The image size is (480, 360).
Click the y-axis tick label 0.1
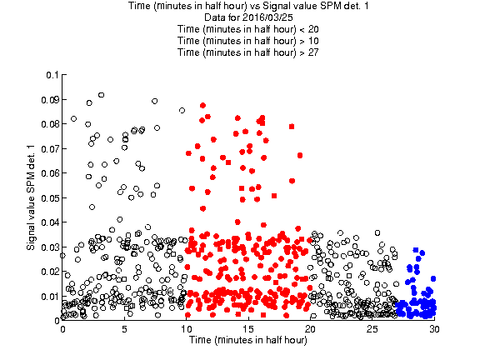tap(52, 75)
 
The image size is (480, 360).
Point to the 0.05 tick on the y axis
tap(50, 198)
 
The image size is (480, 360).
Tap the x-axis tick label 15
tap(248, 329)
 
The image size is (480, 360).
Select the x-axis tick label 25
tap(372, 329)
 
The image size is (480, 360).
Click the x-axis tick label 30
tap(434, 329)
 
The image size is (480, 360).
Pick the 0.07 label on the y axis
tap(50, 149)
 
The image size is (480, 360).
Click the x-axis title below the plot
tap(248, 340)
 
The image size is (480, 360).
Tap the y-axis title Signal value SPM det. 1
tap(31, 197)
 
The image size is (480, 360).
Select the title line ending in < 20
tap(248, 29)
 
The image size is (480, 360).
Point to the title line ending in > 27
tap(248, 52)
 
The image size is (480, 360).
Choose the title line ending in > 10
tap(248, 41)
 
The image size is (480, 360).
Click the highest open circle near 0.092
tap(102, 95)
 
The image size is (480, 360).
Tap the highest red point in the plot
tap(202, 105)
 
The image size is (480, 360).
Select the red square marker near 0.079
tap(292, 127)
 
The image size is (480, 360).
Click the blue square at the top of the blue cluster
tap(415, 250)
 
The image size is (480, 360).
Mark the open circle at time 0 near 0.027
tap(62, 255)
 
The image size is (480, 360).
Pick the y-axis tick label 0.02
tap(50, 272)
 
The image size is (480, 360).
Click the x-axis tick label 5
tap(124, 329)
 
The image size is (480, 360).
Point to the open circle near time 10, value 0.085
tap(182, 110)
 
